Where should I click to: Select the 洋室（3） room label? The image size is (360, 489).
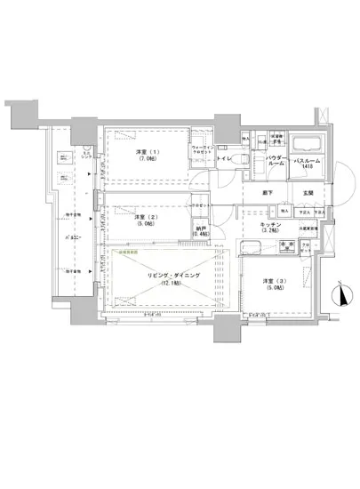(x=274, y=282)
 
